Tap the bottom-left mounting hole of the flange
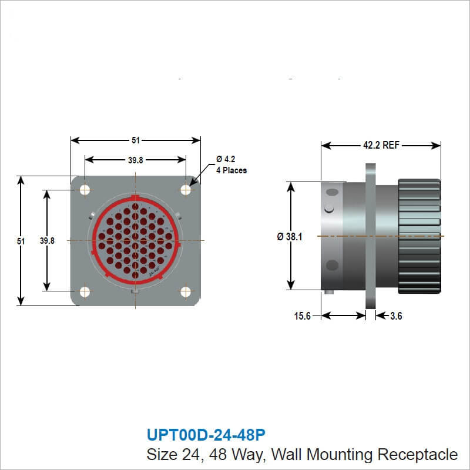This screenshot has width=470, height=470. pyautogui.click(x=85, y=291)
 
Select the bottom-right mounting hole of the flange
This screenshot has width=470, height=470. pyautogui.click(x=186, y=291)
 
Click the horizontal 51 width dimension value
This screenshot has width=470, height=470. pyautogui.click(x=136, y=140)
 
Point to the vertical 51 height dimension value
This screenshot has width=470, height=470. pyautogui.click(x=22, y=241)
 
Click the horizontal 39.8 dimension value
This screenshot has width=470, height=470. pyautogui.click(x=136, y=159)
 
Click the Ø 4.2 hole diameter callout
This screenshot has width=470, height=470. pyautogui.click(x=226, y=159)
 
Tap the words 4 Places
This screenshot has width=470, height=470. pyautogui.click(x=231, y=170)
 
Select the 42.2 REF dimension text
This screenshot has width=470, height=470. pyautogui.click(x=381, y=145)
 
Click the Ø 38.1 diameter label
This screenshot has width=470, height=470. pyautogui.click(x=290, y=237)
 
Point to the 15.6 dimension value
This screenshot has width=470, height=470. pyautogui.click(x=302, y=316)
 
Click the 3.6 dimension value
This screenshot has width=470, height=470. pyautogui.click(x=396, y=316)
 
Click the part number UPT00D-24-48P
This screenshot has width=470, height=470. pyautogui.click(x=205, y=435)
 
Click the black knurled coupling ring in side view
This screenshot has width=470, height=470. pyautogui.click(x=419, y=236)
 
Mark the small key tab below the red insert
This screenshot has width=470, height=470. pyautogui.click(x=136, y=292)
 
